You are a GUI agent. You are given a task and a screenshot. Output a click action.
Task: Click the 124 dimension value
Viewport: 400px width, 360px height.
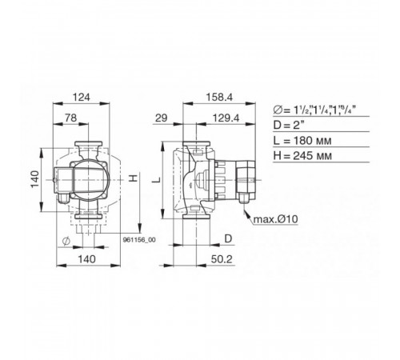click(82, 98)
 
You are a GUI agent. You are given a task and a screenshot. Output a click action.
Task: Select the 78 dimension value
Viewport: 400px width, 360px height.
click(71, 118)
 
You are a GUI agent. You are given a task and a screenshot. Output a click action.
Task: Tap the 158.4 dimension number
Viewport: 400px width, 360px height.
click(219, 98)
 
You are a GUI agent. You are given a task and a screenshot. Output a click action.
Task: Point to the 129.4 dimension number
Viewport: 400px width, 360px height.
click(226, 118)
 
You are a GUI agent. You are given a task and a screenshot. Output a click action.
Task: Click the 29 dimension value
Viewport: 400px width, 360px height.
click(162, 118)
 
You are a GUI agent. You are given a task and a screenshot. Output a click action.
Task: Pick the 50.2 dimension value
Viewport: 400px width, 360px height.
click(222, 259)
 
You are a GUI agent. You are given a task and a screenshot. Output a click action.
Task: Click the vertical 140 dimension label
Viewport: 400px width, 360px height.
click(35, 179)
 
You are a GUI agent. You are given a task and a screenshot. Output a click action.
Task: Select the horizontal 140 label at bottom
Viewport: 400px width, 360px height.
click(87, 259)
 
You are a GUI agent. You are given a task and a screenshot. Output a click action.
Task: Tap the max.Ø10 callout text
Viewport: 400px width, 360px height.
click(275, 219)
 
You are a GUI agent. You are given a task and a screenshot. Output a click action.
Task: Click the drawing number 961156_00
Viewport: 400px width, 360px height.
click(139, 240)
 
